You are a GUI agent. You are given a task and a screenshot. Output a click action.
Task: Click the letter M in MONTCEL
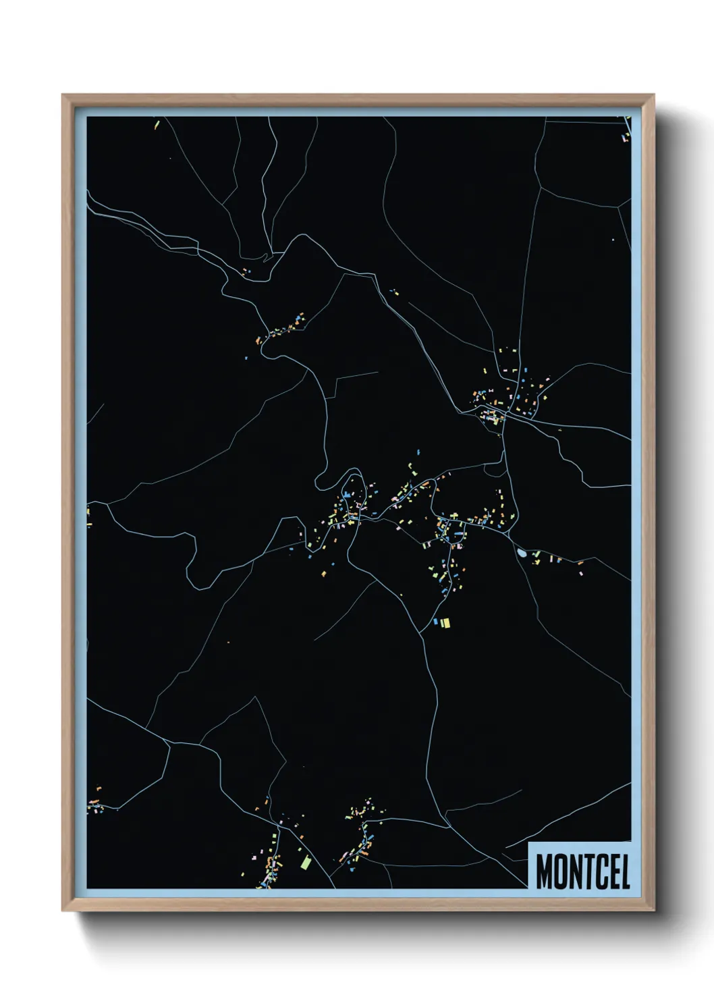pyautogui.click(x=544, y=871)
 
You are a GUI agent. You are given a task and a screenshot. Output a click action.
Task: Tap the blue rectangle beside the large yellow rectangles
pyautogui.click(x=435, y=622)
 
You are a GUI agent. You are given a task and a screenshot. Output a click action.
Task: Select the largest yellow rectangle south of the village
pyautogui.click(x=445, y=622)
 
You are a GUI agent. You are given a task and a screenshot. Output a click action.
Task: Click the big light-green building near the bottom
pyautogui.click(x=306, y=863)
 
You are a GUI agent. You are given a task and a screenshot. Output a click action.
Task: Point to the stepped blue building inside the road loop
pyautogui.click(x=348, y=497)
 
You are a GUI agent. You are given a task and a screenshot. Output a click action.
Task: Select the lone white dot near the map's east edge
pyautogui.click(x=613, y=240)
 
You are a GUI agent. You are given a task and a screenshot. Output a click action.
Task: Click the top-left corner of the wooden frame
pyautogui.click(x=63, y=95)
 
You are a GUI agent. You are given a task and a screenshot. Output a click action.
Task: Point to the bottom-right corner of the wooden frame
pyautogui.click(x=653, y=911)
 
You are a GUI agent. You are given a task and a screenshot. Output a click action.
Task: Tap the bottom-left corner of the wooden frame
pyautogui.click(x=63, y=911)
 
